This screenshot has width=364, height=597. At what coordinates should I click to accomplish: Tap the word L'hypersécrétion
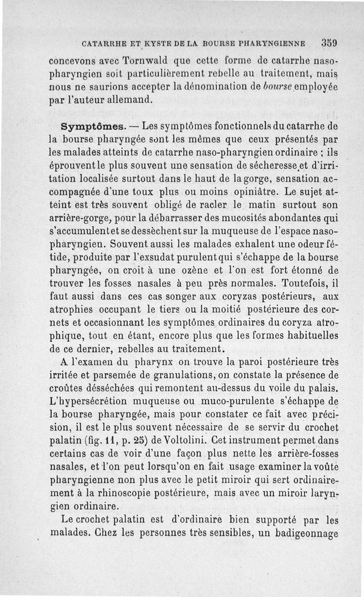(x=86, y=402)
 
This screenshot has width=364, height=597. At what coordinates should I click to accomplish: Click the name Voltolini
(x=202, y=441)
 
